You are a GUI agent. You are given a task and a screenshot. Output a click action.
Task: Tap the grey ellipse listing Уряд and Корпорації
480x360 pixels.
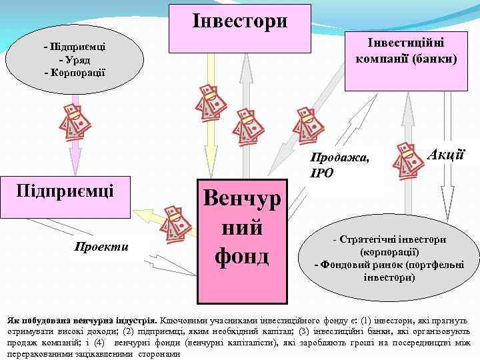pos(74,59)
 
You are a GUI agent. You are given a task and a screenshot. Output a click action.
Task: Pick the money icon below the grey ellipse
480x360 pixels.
pos(74,123)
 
